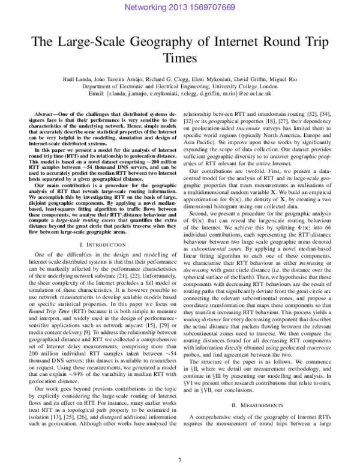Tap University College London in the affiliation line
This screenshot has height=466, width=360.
coord(247,86)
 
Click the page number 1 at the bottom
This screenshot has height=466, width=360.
coord(179,459)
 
